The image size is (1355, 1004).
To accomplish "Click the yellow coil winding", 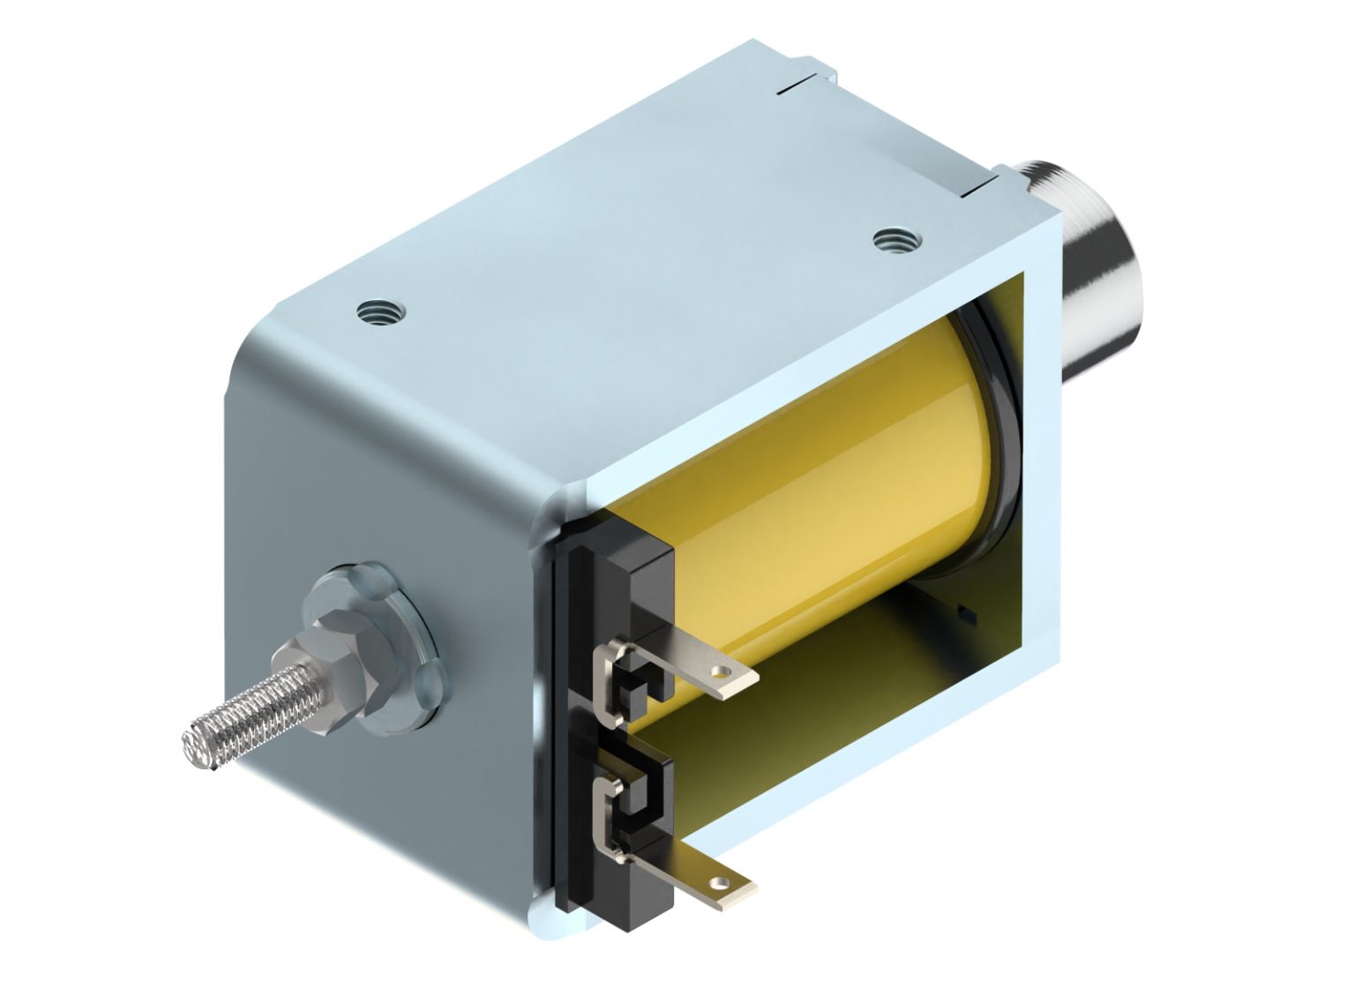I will [x=820, y=459].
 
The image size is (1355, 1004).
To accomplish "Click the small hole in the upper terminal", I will [x=725, y=672].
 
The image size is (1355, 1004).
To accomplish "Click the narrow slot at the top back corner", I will [x=797, y=85].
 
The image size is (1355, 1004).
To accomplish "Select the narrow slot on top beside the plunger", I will [x=982, y=188].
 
